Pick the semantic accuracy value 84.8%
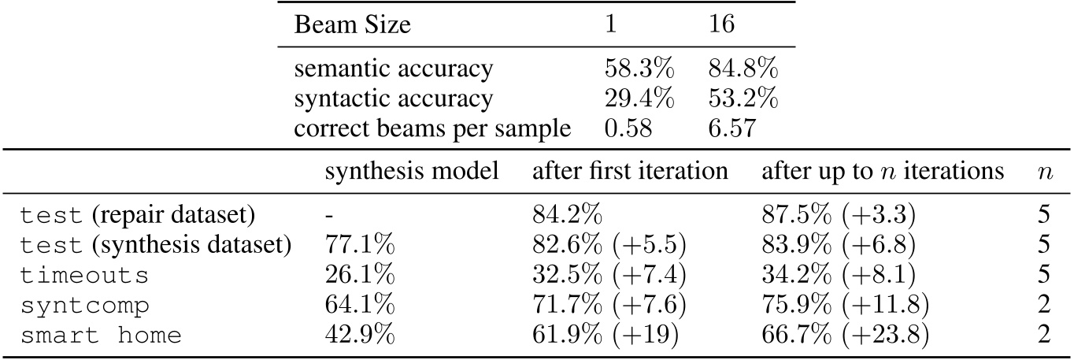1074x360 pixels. pyautogui.click(x=743, y=69)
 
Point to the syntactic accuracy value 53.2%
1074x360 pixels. pyautogui.click(x=743, y=98)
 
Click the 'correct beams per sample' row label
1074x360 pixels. pyautogui.click(x=432, y=128)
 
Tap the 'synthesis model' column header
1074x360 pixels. pyautogui.click(x=412, y=172)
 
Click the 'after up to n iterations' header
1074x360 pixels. pyautogui.click(x=882, y=172)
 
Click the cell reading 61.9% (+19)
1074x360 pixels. pyautogui.click(x=604, y=335)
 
